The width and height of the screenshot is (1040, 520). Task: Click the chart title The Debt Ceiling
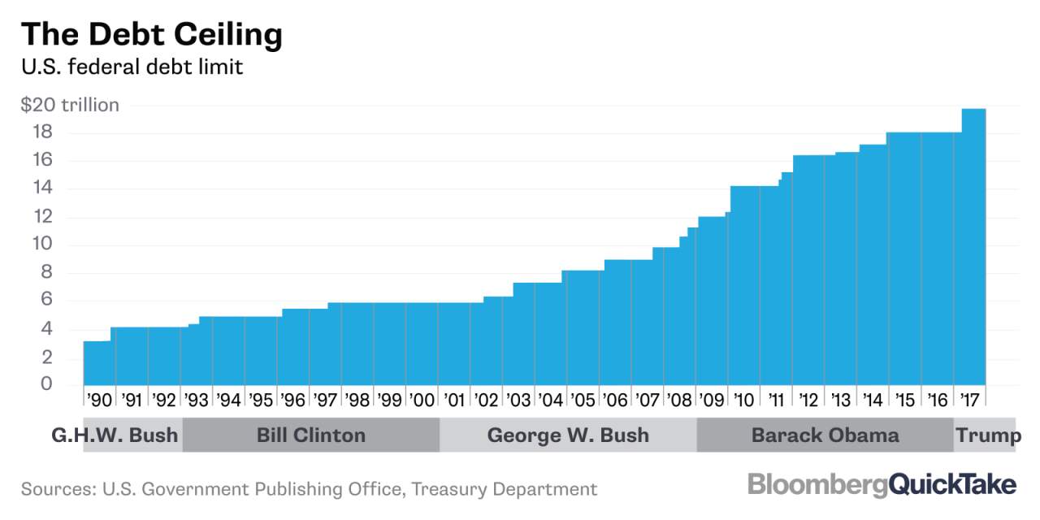point(152,35)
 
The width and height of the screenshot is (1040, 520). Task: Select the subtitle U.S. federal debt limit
point(132,67)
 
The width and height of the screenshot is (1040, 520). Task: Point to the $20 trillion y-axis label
point(70,105)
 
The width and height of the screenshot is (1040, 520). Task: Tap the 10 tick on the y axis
point(42,243)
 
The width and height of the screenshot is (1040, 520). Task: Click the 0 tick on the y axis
point(46,383)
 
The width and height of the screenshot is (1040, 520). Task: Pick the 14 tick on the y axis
point(42,188)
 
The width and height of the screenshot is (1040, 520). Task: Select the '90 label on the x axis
point(99,400)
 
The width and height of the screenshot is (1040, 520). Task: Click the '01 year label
point(453,400)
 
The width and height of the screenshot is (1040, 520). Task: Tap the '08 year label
point(679,400)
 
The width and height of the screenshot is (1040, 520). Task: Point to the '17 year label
point(969,400)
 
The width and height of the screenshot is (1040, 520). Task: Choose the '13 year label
point(840,400)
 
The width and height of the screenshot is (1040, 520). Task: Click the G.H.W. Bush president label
point(115,435)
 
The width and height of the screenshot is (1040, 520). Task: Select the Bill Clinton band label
point(311,435)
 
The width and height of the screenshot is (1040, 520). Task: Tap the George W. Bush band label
point(568,435)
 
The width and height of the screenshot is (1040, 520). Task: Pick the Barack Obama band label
point(825,435)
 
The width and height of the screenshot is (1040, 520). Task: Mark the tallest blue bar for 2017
point(973,247)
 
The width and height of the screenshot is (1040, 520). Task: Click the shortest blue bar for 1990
point(97,363)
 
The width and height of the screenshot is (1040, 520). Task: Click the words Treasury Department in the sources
point(505,489)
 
